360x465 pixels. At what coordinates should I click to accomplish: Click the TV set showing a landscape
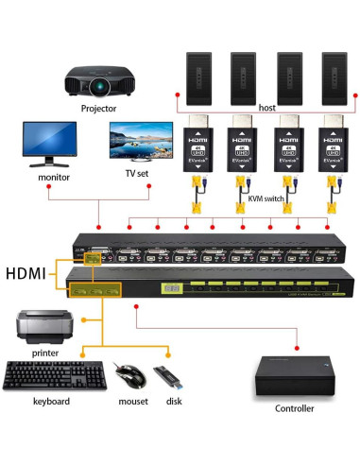[x=130, y=145]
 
